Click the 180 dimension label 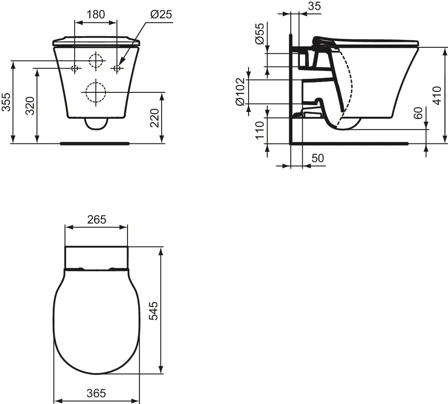[x=96, y=14]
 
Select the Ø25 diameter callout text [x=160, y=14]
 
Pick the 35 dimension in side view [x=314, y=6]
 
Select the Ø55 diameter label [x=259, y=34]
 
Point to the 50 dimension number [x=317, y=158]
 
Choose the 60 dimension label [x=418, y=113]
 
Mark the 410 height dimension [x=437, y=95]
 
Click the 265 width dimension [x=96, y=219]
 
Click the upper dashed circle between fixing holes [x=96, y=61]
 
